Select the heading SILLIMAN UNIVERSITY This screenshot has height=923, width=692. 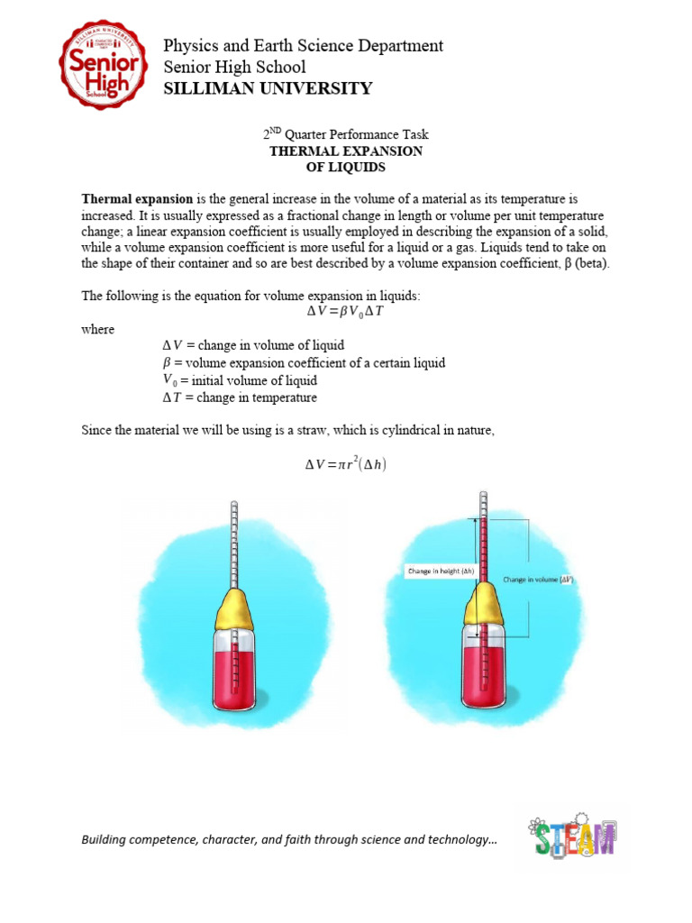pos(267,88)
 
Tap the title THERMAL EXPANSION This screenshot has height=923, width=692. pos(346,151)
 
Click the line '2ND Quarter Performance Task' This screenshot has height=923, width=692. pos(346,134)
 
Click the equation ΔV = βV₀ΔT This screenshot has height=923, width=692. pos(346,312)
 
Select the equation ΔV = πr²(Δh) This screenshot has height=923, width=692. pos(346,465)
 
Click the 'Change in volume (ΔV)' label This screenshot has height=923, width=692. pos(539,580)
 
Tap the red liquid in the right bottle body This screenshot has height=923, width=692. pos(484,681)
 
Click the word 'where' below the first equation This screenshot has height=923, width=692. pos(98,329)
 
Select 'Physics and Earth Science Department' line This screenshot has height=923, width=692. pos(303,45)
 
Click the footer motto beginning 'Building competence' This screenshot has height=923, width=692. pos(289,840)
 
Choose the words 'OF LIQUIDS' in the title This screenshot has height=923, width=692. pos(346,168)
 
